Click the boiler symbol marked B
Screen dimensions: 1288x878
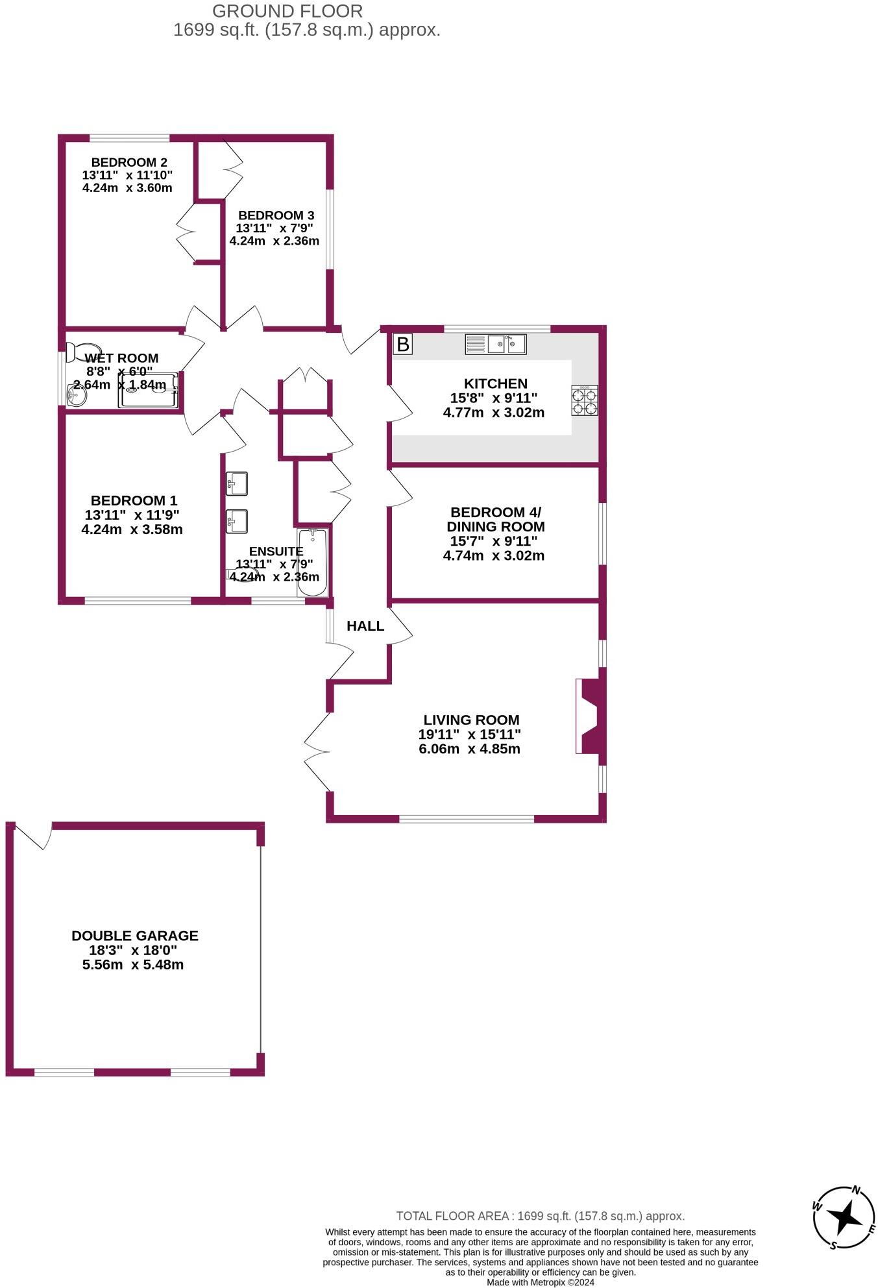(x=403, y=344)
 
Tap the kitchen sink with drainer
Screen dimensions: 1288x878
(x=495, y=344)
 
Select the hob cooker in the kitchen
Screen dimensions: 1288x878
(x=585, y=400)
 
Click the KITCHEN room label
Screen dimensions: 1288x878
(x=495, y=383)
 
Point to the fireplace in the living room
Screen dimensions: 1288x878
(x=590, y=716)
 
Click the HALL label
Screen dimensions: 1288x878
(x=365, y=626)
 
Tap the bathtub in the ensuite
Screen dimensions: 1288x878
(x=312, y=563)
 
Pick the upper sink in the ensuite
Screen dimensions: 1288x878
(x=236, y=483)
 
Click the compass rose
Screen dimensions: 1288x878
(x=844, y=1218)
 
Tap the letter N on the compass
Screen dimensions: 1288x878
(x=856, y=1190)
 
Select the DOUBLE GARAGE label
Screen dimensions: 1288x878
(x=135, y=936)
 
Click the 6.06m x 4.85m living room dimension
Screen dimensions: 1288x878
(x=470, y=749)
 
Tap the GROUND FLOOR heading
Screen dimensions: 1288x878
(x=287, y=11)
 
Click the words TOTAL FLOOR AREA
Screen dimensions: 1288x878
(x=452, y=1217)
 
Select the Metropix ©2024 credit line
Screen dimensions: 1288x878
(x=541, y=1282)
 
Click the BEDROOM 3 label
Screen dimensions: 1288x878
(x=276, y=215)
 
